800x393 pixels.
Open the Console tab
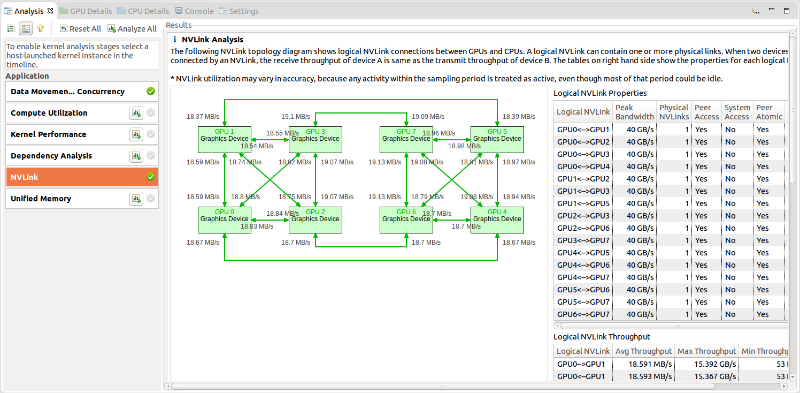click(195, 11)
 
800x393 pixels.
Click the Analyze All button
click(132, 29)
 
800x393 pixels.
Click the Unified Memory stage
click(64, 199)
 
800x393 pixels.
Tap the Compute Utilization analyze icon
click(136, 113)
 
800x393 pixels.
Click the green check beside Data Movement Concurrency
click(151, 92)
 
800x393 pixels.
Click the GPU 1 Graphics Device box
click(225, 140)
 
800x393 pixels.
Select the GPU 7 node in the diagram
click(406, 140)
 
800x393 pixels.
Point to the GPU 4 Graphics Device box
click(497, 220)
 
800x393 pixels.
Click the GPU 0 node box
click(225, 220)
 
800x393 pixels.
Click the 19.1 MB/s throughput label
click(296, 116)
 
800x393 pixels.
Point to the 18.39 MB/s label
click(519, 116)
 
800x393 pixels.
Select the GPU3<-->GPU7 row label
click(583, 240)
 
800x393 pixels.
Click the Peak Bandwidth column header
click(634, 112)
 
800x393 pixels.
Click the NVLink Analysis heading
click(212, 40)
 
